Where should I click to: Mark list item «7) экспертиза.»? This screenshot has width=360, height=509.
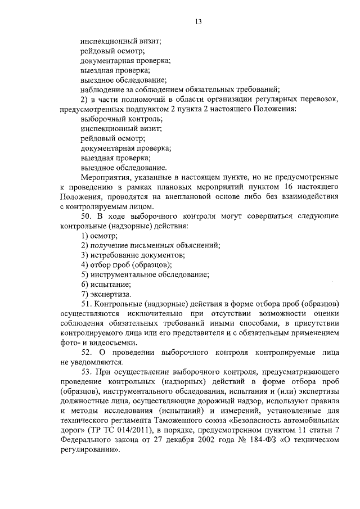(106, 294)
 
